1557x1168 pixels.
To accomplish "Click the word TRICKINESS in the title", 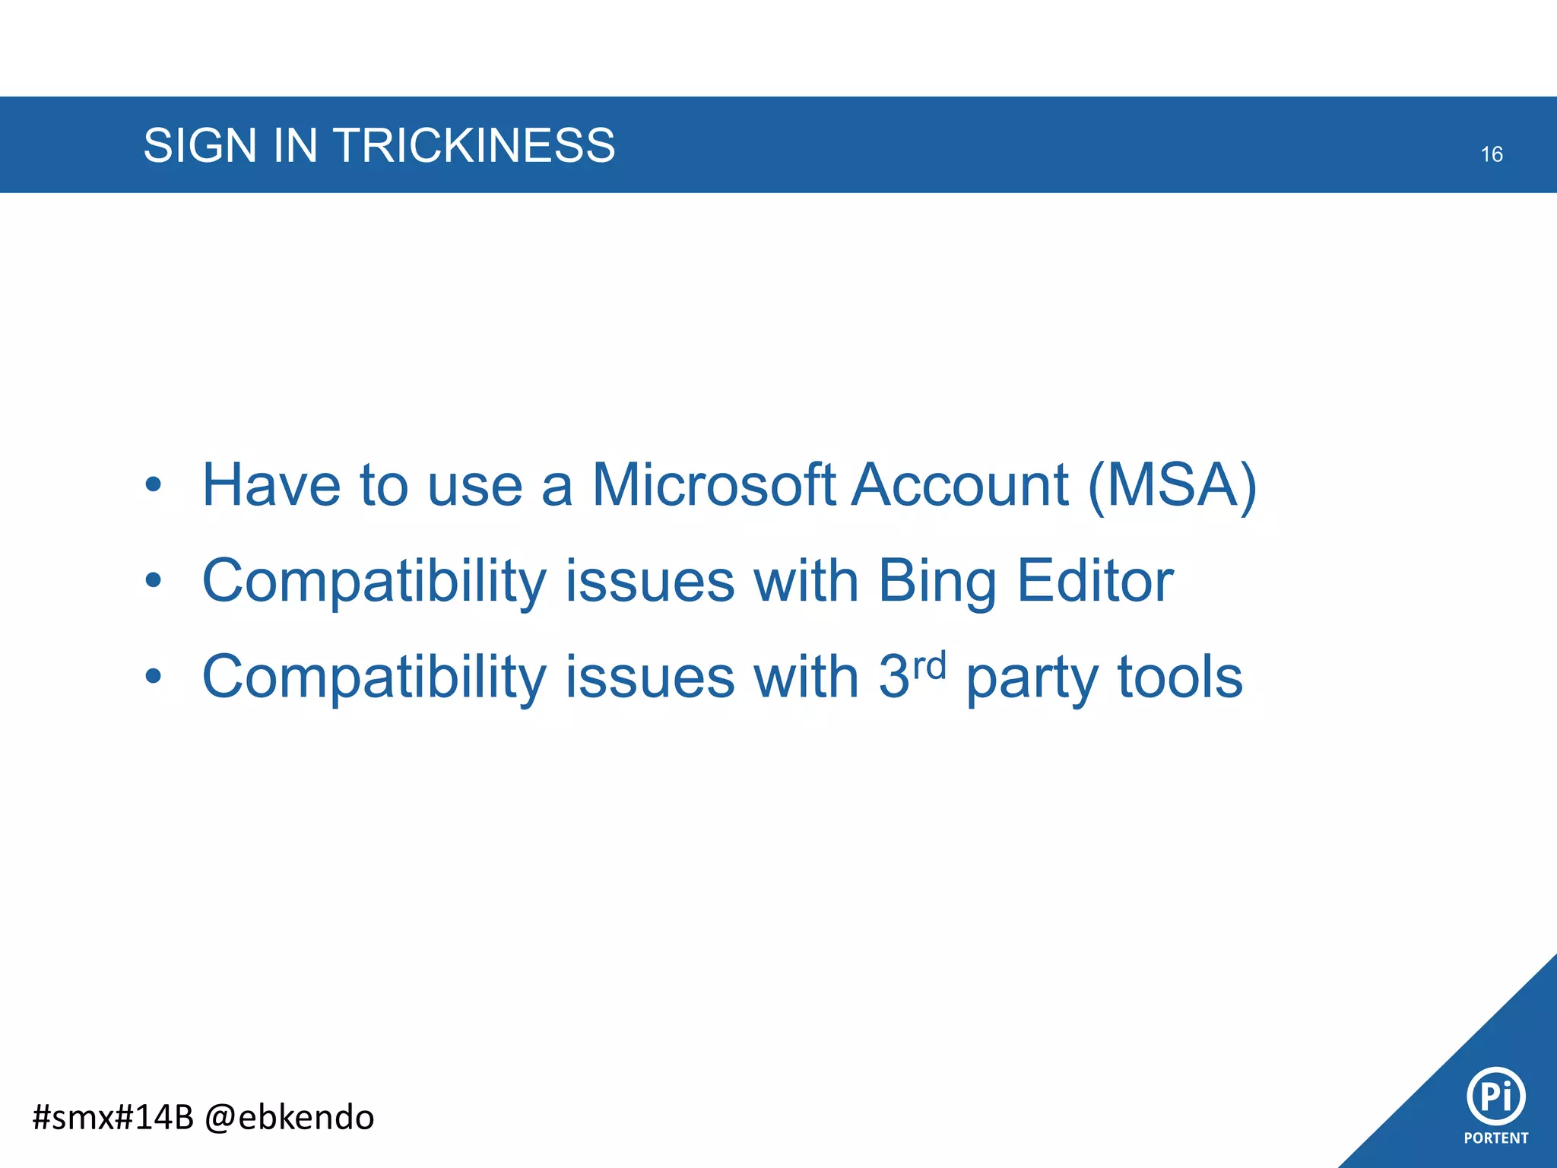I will click(474, 145).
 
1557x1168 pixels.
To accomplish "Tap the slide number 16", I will click(1491, 154).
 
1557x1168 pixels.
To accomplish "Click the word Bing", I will click(937, 582).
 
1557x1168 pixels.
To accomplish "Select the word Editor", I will click(1095, 580).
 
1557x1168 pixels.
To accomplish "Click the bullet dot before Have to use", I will click(154, 484).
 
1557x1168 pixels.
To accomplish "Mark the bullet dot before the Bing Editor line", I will click(154, 580).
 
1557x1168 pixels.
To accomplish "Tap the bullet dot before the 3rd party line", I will click(154, 676).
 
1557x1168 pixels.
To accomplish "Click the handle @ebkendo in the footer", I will click(290, 1117).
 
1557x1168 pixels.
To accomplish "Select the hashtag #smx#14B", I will click(113, 1117).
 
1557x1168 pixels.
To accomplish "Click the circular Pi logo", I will click(1495, 1096).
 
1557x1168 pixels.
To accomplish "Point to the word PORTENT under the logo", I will click(1495, 1138).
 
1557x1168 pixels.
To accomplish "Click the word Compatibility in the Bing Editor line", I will click(374, 582).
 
